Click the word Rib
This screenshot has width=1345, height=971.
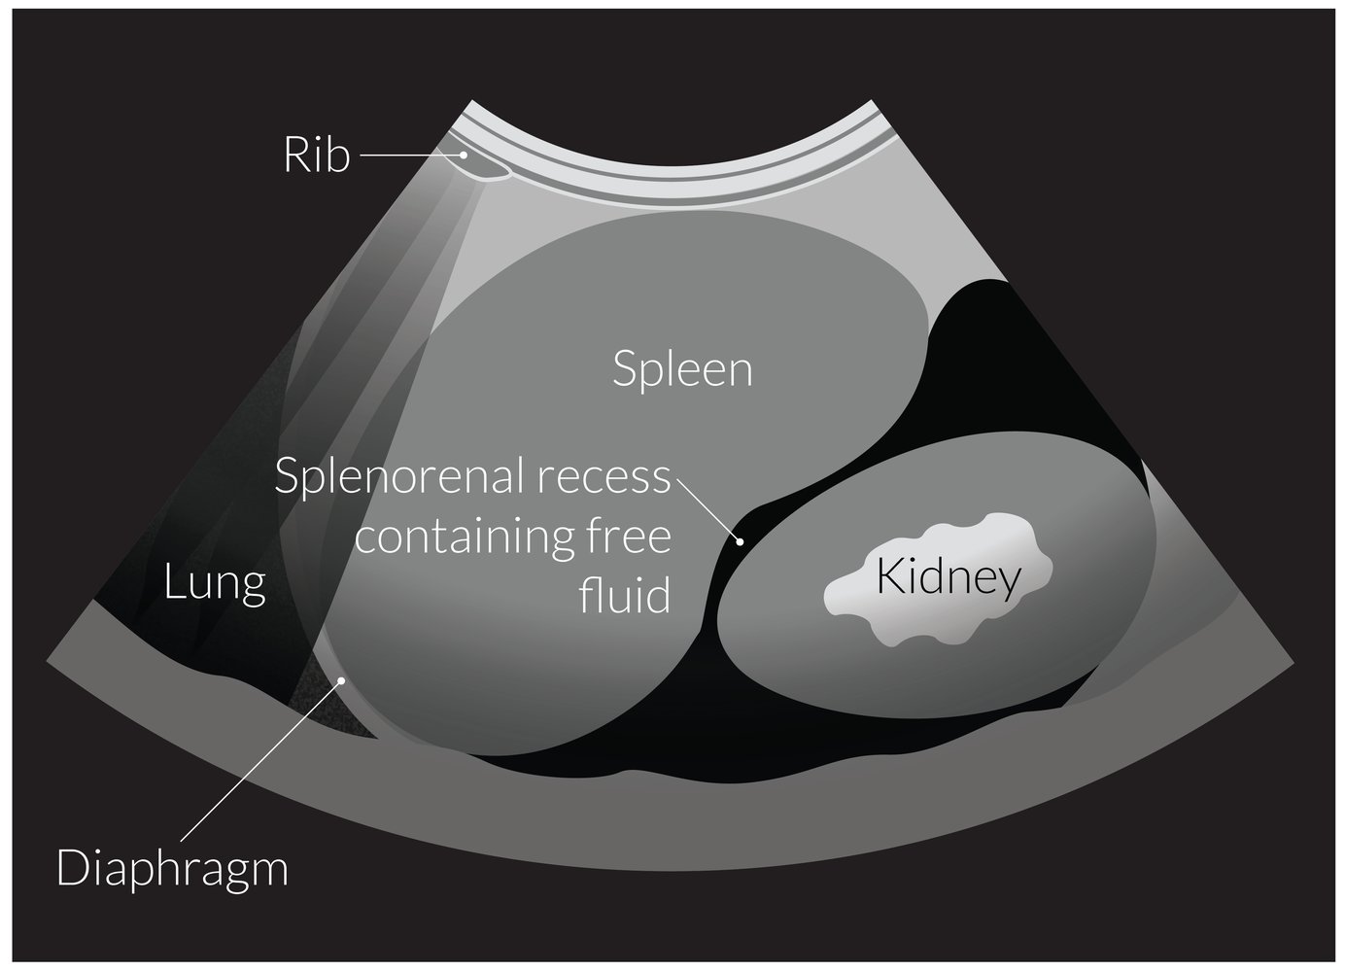(316, 156)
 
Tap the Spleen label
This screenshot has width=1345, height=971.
(682, 370)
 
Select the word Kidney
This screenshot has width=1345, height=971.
(948, 578)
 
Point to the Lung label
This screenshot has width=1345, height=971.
(215, 583)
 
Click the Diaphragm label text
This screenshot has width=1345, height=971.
(173, 867)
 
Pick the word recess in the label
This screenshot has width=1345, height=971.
(618, 478)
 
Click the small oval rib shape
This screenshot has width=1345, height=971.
(483, 167)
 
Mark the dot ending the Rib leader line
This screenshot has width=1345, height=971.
(465, 154)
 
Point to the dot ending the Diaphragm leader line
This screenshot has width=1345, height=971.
(341, 680)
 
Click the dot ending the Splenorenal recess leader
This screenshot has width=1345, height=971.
(739, 541)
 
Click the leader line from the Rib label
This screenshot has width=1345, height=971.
(408, 155)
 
